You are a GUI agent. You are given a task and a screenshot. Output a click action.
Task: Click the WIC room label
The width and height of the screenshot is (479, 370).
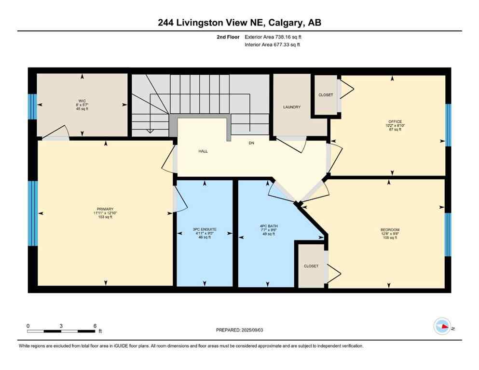pos(82,101)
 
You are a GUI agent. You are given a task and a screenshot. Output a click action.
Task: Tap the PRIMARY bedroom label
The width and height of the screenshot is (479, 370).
pos(105,209)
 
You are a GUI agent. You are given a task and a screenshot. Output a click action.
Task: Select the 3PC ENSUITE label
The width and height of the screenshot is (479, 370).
pos(205,229)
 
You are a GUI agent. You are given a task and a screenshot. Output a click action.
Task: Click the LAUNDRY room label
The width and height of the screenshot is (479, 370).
pos(292,107)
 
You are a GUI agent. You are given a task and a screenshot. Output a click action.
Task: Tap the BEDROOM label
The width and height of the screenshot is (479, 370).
pos(390,230)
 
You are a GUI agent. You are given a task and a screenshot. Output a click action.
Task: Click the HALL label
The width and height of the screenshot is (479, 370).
pos(203,151)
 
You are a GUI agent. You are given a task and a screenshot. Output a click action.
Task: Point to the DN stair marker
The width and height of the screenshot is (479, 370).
pos(251,143)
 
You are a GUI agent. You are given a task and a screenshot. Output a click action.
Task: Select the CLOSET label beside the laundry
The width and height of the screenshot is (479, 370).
pos(326,95)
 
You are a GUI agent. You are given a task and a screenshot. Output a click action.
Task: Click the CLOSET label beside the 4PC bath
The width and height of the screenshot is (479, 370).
pos(311,266)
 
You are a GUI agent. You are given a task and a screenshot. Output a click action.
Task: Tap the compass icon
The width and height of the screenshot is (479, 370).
pos(442,326)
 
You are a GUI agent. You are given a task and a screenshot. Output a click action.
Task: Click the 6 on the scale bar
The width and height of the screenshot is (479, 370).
pos(95,326)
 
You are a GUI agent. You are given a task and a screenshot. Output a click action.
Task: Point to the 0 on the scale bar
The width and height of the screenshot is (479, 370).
pos(28,326)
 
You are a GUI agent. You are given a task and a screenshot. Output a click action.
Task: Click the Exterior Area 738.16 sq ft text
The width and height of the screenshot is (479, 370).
pos(275,36)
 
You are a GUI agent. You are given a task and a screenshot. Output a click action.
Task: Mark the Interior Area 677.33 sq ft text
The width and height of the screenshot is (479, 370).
pos(275,45)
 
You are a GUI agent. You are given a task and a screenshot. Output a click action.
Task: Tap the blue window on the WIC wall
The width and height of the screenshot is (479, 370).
pos(32,106)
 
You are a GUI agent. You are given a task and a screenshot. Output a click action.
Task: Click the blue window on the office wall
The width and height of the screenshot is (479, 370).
pos(448,125)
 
